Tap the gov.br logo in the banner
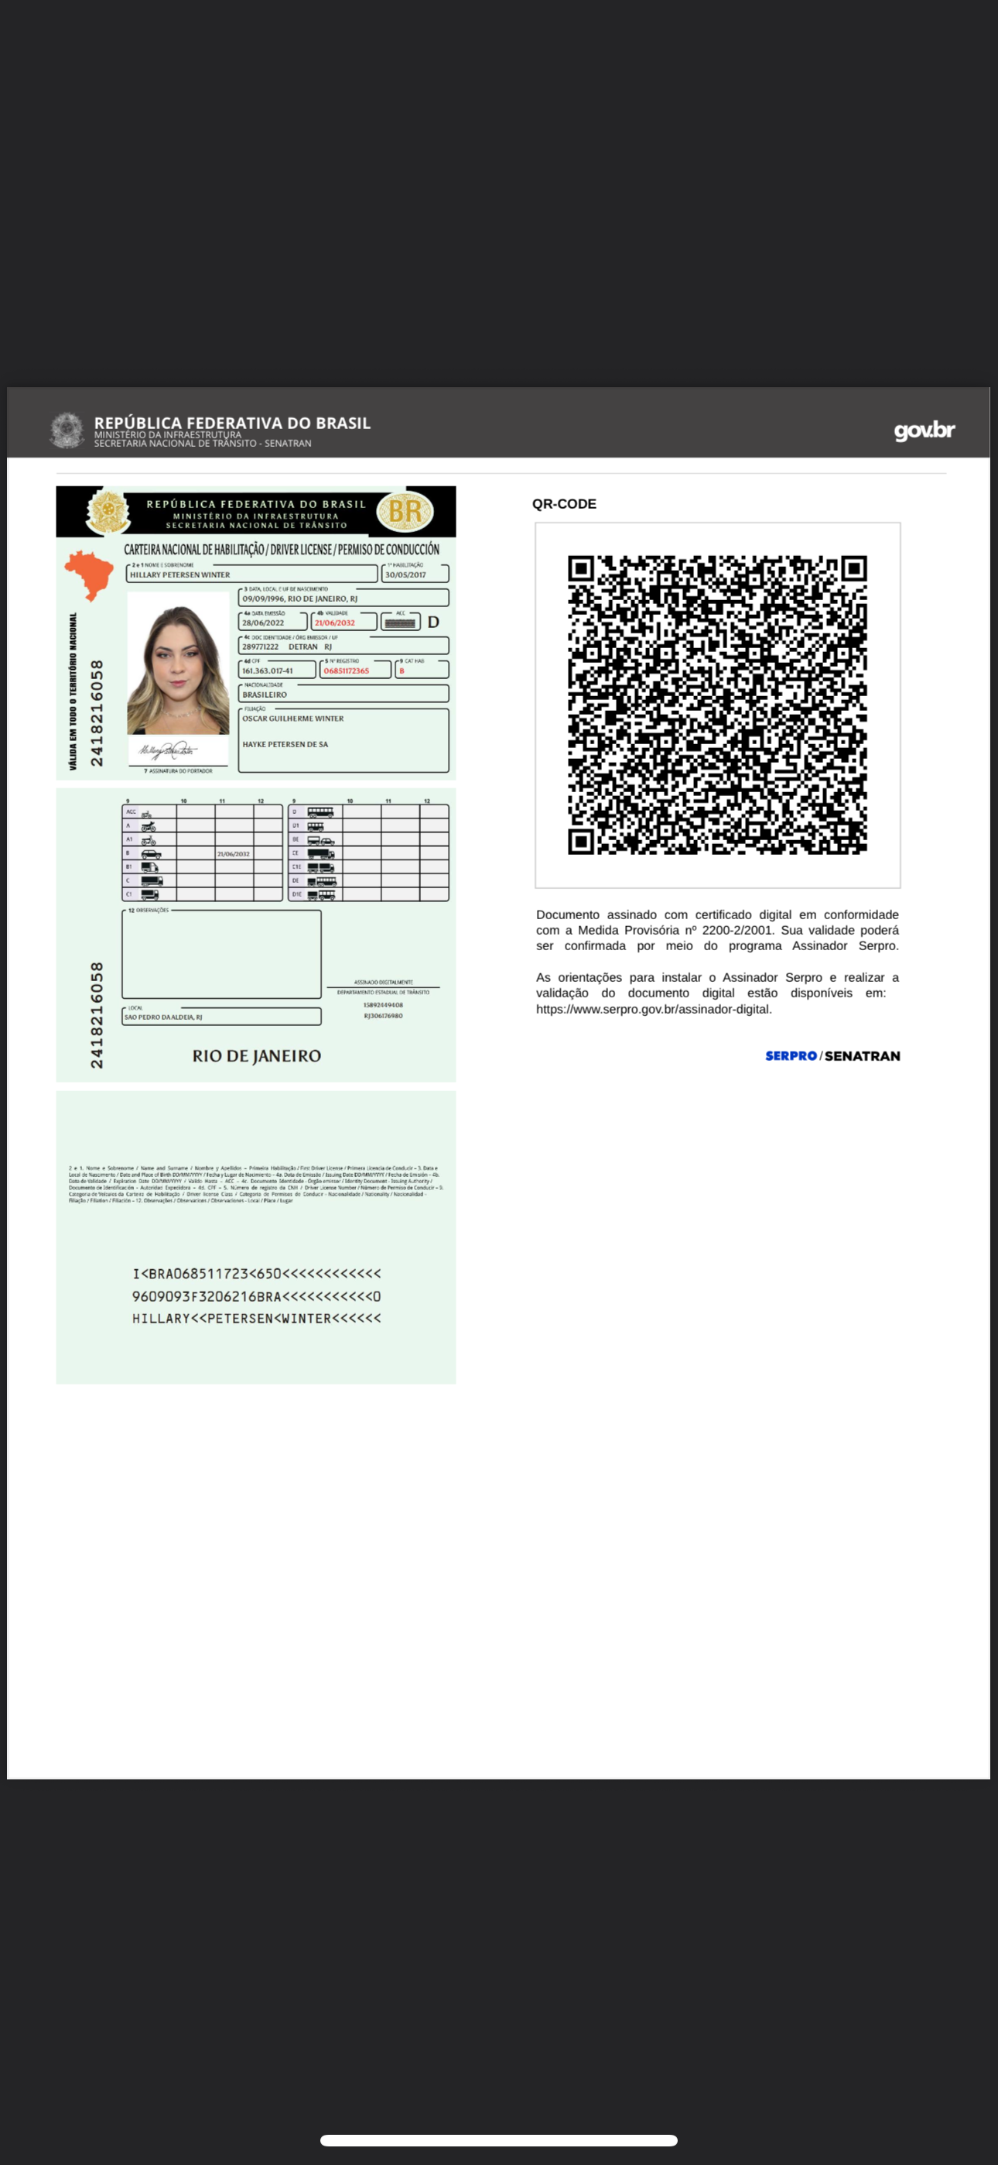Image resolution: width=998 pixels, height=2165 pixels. point(924,431)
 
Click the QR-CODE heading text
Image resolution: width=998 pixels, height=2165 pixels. point(564,504)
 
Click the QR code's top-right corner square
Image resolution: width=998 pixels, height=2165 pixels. point(853,569)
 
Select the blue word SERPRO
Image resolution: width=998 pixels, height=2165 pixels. point(791,1055)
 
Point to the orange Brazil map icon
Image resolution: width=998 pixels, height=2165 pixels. point(88,574)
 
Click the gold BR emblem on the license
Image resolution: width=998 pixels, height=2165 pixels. point(405,511)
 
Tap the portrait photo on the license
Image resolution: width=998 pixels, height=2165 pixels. point(178,663)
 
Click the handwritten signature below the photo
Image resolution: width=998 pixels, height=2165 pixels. point(168,750)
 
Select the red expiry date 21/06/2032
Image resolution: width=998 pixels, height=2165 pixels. point(334,623)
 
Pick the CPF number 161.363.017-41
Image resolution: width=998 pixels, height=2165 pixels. point(268,671)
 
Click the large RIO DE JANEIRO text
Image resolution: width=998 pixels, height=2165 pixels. point(256,1055)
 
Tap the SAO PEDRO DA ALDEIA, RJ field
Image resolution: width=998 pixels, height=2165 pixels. point(164,1017)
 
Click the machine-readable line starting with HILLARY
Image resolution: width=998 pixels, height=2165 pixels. point(256,1319)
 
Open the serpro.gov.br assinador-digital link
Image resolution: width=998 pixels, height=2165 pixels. point(654,1010)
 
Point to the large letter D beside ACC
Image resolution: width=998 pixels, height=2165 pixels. point(433,623)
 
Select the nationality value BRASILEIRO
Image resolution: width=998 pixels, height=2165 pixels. point(265,695)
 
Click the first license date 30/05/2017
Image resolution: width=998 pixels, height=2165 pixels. point(405,575)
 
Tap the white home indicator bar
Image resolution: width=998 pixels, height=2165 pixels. point(499,2141)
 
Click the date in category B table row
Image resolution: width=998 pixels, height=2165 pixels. point(234,854)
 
